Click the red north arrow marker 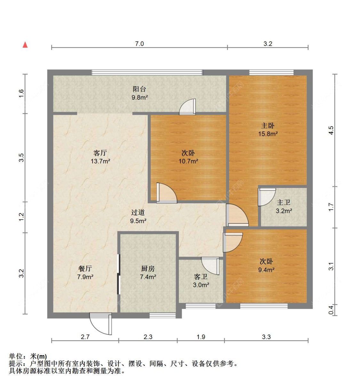pyautogui.click(x=25, y=45)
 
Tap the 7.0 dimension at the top pyautogui.click(x=139, y=44)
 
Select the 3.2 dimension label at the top pyautogui.click(x=268, y=44)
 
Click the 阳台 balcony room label pyautogui.click(x=139, y=89)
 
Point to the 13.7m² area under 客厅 pyautogui.click(x=100, y=161)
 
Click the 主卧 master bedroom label pyautogui.click(x=268, y=126)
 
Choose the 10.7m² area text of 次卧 pyautogui.click(x=188, y=161)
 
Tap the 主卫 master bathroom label pyautogui.click(x=284, y=202)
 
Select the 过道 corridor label pyautogui.click(x=138, y=212)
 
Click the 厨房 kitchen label pyautogui.click(x=148, y=268)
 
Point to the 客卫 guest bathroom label pyautogui.click(x=201, y=276)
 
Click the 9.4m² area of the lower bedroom pyautogui.click(x=266, y=270)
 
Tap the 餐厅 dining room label pyautogui.click(x=85, y=268)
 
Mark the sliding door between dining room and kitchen pyautogui.click(x=119, y=274)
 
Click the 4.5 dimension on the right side pyautogui.click(x=331, y=130)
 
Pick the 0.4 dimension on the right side pyautogui.click(x=331, y=310)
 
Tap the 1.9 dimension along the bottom pyautogui.click(x=201, y=337)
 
